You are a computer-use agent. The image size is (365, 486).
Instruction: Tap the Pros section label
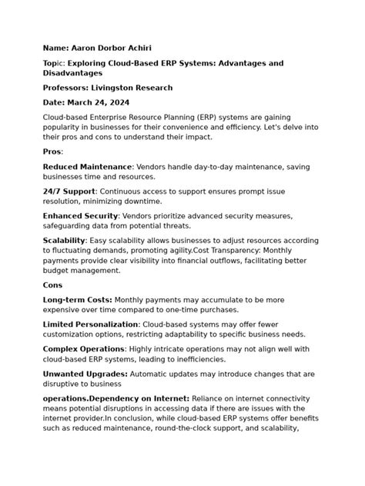(x=52, y=151)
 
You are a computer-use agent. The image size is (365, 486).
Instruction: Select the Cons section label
(x=53, y=285)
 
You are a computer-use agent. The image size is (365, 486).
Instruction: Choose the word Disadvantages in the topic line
(x=73, y=73)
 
